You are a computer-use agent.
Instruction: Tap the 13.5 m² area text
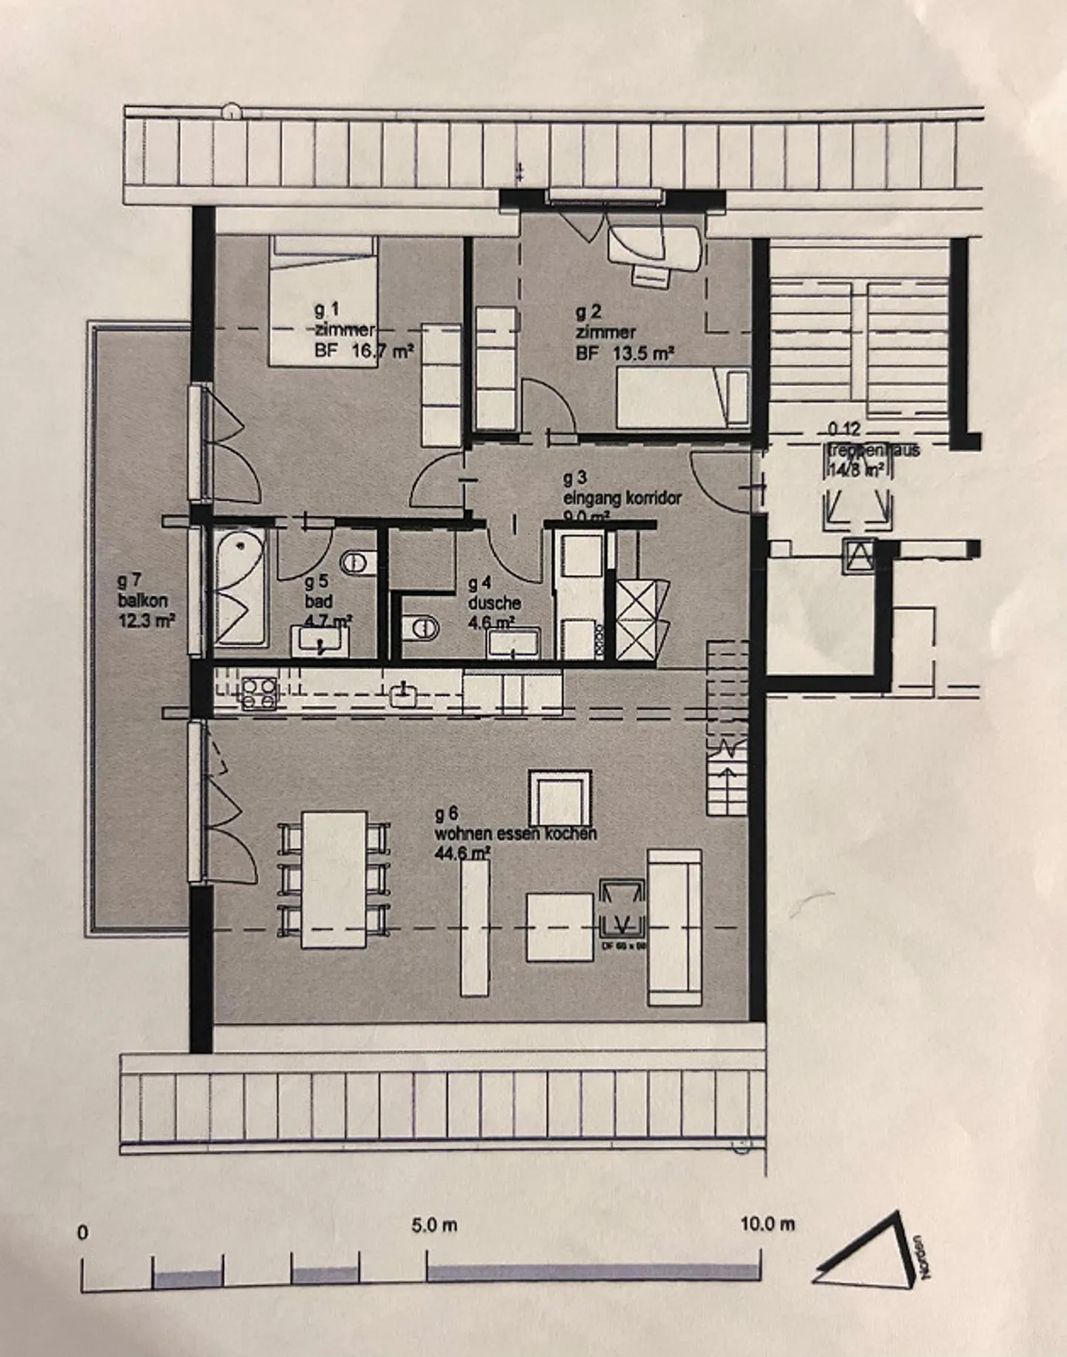point(643,354)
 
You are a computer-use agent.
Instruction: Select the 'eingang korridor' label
point(622,498)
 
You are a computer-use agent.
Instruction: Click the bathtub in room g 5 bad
point(239,588)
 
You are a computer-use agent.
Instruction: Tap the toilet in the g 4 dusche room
point(422,628)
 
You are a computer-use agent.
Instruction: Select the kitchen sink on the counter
point(403,695)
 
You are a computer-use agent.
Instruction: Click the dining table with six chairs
point(335,879)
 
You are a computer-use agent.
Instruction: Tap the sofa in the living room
point(674,926)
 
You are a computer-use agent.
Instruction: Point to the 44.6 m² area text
point(463,853)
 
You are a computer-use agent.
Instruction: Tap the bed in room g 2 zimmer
point(682,399)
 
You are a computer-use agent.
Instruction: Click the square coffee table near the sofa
point(559,926)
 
